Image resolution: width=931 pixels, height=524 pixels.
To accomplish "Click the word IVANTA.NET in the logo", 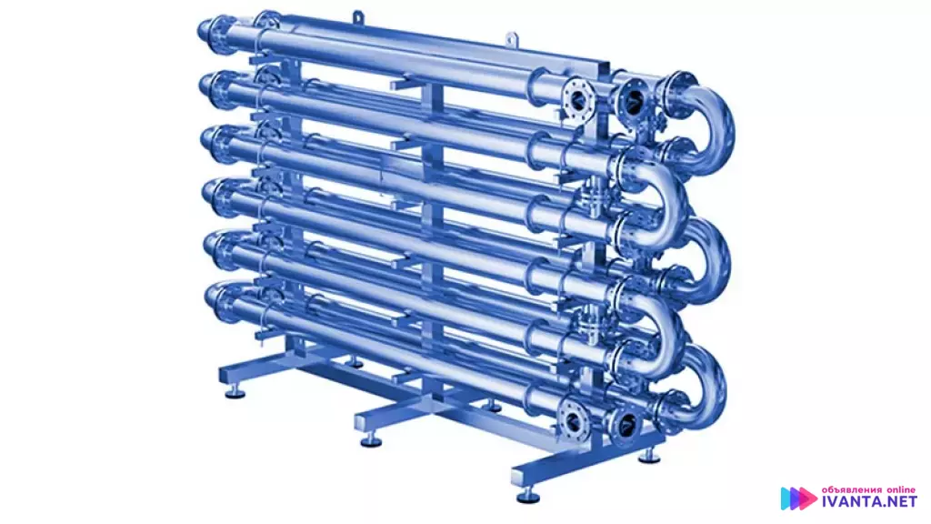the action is pyautogui.click(x=869, y=502).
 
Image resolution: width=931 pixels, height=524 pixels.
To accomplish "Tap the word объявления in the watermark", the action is pyautogui.click(x=851, y=489).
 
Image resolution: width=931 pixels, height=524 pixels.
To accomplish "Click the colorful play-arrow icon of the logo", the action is pyautogui.click(x=798, y=499).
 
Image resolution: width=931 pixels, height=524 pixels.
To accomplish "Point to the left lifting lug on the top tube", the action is pyautogui.click(x=357, y=18).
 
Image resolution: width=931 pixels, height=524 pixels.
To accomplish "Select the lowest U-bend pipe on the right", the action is pyautogui.click(x=704, y=380).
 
